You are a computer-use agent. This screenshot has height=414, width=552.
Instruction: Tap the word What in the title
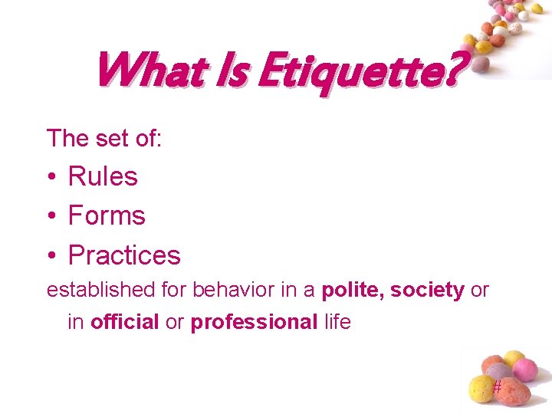[145, 70]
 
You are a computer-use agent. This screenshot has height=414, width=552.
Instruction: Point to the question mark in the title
[454, 71]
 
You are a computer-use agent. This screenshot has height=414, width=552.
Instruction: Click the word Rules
[103, 176]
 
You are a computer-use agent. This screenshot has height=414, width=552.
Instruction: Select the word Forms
[107, 215]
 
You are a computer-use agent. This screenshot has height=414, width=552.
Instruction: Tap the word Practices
[124, 255]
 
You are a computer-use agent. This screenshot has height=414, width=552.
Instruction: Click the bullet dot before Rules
[51, 177]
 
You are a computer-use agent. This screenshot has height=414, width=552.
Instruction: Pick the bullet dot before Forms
[51, 216]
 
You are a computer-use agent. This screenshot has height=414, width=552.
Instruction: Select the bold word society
[427, 291]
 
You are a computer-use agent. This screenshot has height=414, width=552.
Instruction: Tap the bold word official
[125, 322]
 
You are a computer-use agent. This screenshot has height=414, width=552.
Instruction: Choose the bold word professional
[254, 322]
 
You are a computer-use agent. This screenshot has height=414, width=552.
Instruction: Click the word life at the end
[337, 322]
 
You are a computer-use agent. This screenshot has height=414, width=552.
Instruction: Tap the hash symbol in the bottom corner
[497, 387]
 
